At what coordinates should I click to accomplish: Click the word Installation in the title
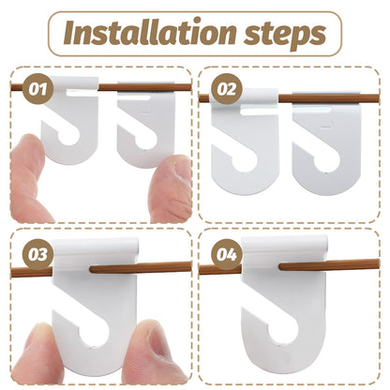point(149,33)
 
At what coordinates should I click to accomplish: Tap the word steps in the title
point(284,35)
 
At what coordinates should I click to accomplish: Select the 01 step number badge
point(37,88)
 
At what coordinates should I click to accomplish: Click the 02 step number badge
point(227,89)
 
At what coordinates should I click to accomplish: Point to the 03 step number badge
point(37,254)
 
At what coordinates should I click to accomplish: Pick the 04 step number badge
point(227,254)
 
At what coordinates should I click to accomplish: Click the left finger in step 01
point(30,178)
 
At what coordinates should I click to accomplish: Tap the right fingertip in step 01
point(171,188)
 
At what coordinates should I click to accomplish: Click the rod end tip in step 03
point(92,269)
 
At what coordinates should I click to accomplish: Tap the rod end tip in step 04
point(281,266)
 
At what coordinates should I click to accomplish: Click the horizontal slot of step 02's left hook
point(259,110)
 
